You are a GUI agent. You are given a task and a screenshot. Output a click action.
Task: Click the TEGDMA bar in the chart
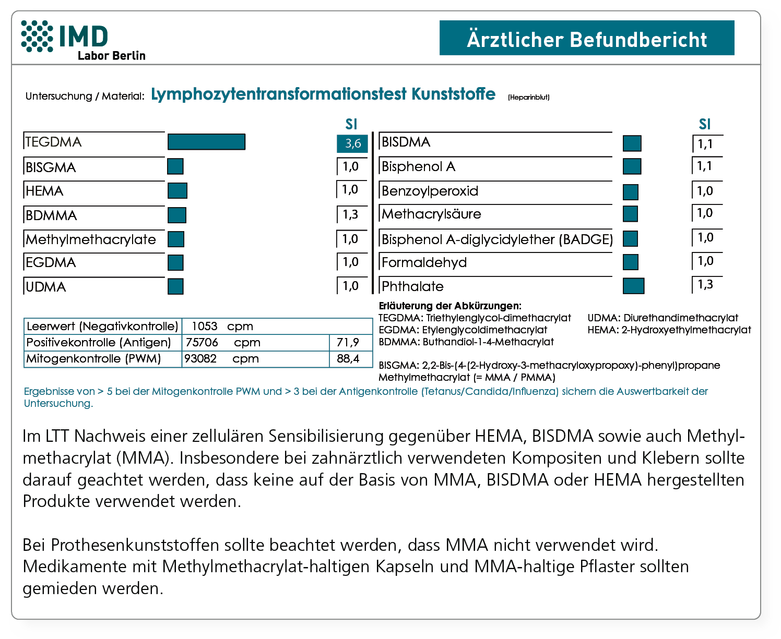coord(206,142)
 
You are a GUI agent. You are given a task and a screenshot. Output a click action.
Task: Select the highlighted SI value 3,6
coord(352,143)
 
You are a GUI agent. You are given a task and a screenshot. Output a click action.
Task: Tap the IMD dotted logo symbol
coord(37,36)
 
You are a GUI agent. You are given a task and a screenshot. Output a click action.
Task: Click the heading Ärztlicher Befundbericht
coord(587,39)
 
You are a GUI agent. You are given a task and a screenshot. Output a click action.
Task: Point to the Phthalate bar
coord(633,286)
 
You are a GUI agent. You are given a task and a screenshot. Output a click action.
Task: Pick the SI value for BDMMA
coord(351,214)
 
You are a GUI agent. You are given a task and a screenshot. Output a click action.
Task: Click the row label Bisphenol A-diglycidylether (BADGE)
coord(497,239)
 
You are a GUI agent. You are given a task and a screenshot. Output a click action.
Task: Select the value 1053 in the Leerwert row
coord(205,327)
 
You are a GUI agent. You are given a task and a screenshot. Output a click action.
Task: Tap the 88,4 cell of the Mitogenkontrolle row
coord(348,359)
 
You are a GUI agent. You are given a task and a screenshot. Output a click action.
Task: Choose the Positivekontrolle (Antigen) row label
coord(99,343)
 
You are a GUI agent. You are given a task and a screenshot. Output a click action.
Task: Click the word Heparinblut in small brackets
coord(528,97)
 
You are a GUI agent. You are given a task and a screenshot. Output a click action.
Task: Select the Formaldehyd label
coord(424,262)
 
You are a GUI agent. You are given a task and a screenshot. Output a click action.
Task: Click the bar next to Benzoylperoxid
coord(630,192)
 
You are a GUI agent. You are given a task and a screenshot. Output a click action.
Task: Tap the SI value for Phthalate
coord(705,285)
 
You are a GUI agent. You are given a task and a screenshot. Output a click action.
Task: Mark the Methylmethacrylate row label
coord(91,239)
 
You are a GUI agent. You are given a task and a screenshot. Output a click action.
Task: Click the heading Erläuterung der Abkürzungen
coord(449,306)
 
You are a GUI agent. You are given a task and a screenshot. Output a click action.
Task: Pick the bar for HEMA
coord(177,191)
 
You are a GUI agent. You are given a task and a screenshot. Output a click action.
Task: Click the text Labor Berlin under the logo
coord(111,56)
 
